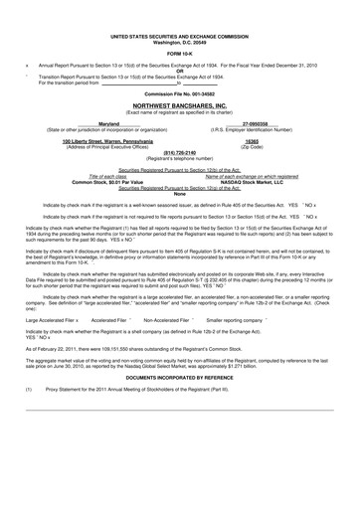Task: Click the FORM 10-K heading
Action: pos(180,53)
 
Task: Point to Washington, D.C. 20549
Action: pos(180,40)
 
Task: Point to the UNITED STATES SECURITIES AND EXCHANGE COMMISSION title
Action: pos(180,34)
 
